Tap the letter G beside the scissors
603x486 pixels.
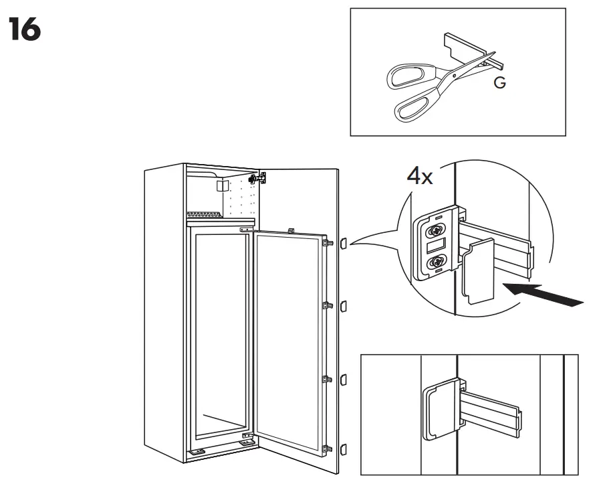[499, 83]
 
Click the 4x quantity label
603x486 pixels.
[420, 177]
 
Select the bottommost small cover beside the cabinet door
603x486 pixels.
[344, 449]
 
